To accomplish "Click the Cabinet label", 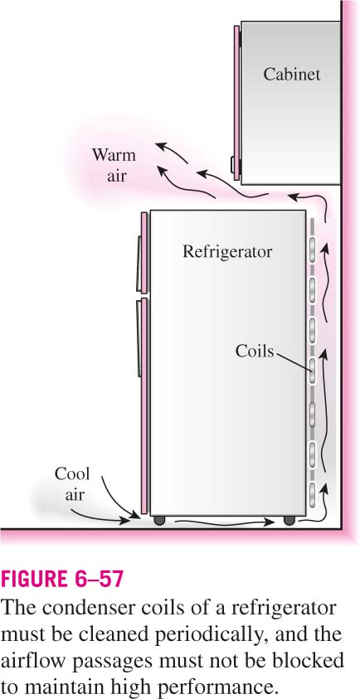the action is pos(291,74).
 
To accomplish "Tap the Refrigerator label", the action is pos(227,251).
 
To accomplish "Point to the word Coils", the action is pos(255,351).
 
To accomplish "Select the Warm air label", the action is pos(114,165).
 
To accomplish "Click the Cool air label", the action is pos(72,483).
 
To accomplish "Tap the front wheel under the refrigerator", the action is pos(158,520).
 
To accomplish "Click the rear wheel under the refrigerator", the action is pos(289,520).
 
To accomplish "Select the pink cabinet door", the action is pos(237,103).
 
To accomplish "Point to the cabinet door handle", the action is pos(232,164).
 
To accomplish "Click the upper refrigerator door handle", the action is pos(139,263).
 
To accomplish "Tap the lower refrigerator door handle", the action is pos(139,338).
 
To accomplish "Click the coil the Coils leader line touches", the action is pos(314,371).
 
